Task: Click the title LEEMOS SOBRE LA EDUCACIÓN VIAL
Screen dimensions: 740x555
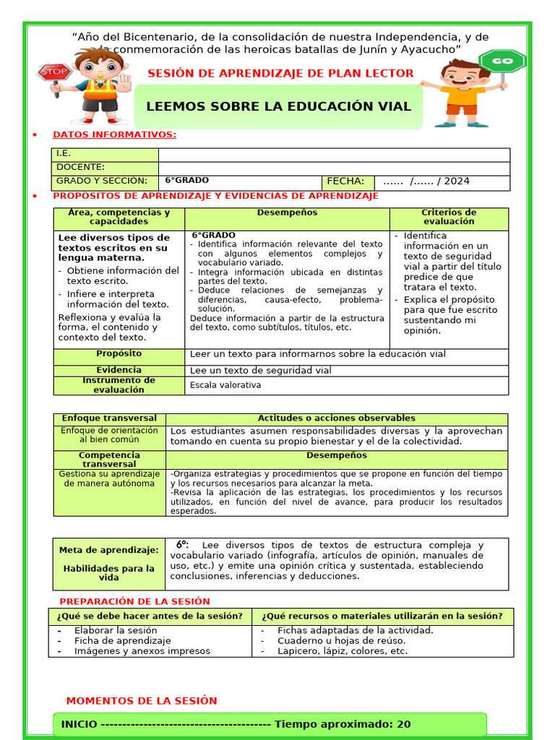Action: point(278,106)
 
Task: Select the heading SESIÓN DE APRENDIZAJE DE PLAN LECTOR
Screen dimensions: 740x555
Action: point(280,73)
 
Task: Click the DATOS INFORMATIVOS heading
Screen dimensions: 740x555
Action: point(114,134)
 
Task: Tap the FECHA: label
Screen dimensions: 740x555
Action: point(345,181)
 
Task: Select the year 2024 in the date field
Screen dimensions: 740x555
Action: point(457,181)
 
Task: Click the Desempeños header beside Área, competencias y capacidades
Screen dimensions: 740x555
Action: point(287,212)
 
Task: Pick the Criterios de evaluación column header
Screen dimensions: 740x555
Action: point(449,217)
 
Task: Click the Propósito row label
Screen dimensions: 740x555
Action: point(119,353)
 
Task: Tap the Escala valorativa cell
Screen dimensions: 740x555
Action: point(225,385)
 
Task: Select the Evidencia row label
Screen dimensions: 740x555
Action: point(119,370)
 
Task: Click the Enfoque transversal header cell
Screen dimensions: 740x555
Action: point(109,418)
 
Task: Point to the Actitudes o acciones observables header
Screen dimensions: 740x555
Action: point(336,418)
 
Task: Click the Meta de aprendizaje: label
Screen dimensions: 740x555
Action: point(108,550)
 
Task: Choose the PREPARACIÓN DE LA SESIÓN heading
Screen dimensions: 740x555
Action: point(134,601)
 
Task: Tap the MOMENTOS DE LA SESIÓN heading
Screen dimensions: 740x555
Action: point(141,701)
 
